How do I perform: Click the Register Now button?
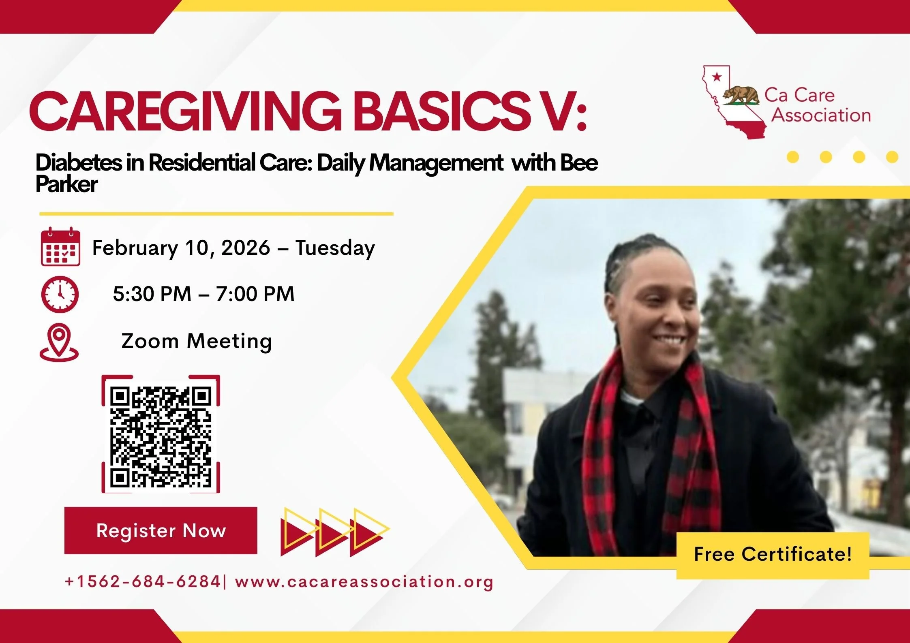point(161,530)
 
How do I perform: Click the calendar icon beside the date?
point(60,247)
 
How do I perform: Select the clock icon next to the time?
point(60,294)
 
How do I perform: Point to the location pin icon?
point(59,342)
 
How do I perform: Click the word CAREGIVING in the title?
point(185,112)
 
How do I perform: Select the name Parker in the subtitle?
point(66,184)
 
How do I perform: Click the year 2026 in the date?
point(246,248)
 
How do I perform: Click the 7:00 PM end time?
point(255,294)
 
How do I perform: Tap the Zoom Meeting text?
point(197,341)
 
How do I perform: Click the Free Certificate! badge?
point(773,554)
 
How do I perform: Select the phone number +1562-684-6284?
point(143,582)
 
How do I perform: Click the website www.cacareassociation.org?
point(364,582)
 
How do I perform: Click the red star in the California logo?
point(717,76)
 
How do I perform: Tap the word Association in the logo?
point(821,115)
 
